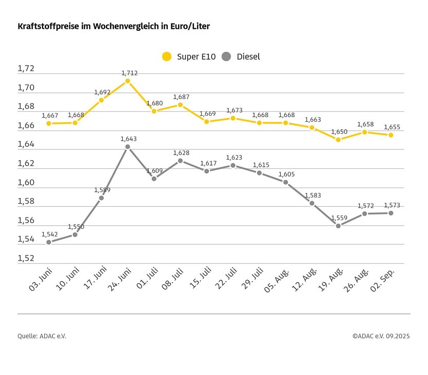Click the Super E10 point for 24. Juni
click(x=128, y=81)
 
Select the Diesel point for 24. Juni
click(x=128, y=147)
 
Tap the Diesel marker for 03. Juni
click(x=49, y=242)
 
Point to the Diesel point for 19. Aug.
click(x=338, y=226)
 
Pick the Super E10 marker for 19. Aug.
click(x=338, y=140)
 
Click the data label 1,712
click(x=129, y=73)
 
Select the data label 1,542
click(x=50, y=234)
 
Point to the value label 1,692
click(x=102, y=92)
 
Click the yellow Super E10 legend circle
click(x=166, y=56)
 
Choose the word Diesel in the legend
click(x=248, y=56)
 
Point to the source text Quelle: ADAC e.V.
click(x=42, y=336)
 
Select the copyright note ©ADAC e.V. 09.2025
click(x=381, y=336)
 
